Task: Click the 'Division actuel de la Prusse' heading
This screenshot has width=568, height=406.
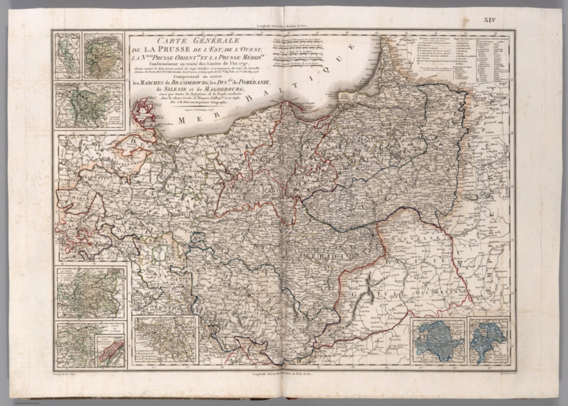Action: pyautogui.click(x=434, y=38)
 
